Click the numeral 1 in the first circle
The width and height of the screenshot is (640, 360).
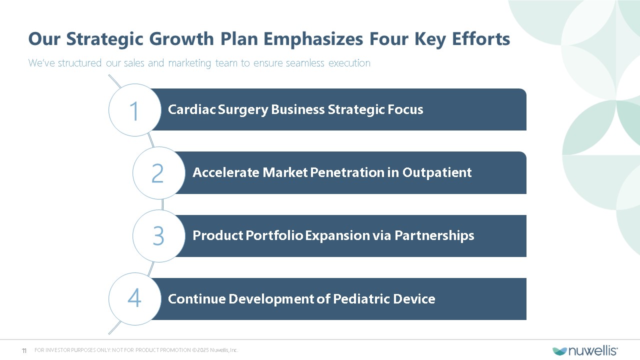click(134, 110)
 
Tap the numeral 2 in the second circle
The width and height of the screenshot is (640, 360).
click(157, 173)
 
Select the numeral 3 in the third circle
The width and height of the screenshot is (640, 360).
click(158, 236)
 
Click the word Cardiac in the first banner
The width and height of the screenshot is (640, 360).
click(191, 109)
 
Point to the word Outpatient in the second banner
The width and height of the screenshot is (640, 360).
click(437, 172)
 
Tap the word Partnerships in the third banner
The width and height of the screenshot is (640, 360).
click(434, 235)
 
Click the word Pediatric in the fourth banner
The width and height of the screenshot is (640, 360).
click(361, 299)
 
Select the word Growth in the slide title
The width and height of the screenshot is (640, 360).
click(181, 39)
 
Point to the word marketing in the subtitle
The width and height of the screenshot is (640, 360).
click(189, 63)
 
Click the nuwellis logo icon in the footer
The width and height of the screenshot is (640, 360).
click(559, 351)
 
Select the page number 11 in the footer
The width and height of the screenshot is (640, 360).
click(24, 350)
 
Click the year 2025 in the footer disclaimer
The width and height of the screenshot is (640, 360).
click(203, 350)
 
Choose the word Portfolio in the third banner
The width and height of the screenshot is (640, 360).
click(274, 235)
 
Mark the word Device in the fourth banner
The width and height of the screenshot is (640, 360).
click(414, 299)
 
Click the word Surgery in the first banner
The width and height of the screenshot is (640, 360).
click(243, 109)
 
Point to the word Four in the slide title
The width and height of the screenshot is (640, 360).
click(388, 39)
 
